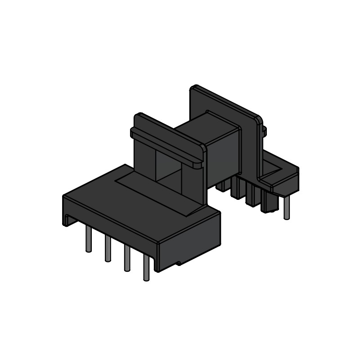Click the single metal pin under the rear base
(287, 209)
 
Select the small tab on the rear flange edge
(264, 131)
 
